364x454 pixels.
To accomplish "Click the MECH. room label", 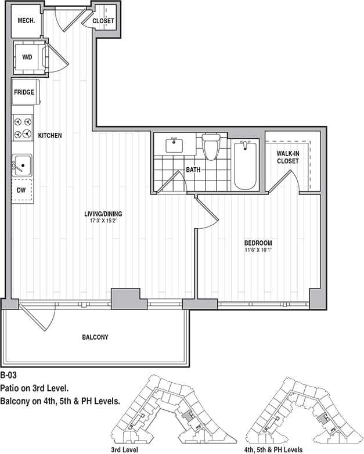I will tap(27, 20).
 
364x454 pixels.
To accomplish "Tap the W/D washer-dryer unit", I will tap(27, 57).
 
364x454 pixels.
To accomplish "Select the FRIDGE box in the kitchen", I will tap(24, 92).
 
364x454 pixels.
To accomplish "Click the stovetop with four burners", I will tap(23, 128).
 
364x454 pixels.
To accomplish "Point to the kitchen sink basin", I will tap(22, 165).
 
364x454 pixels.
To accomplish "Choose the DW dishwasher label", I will tap(21, 190).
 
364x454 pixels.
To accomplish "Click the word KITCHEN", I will tap(50, 135).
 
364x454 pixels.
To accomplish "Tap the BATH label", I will tap(193, 170).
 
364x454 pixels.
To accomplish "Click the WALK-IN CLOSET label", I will tap(287, 157).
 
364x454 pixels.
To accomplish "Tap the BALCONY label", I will tap(95, 337).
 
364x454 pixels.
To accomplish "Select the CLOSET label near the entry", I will tap(103, 21).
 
